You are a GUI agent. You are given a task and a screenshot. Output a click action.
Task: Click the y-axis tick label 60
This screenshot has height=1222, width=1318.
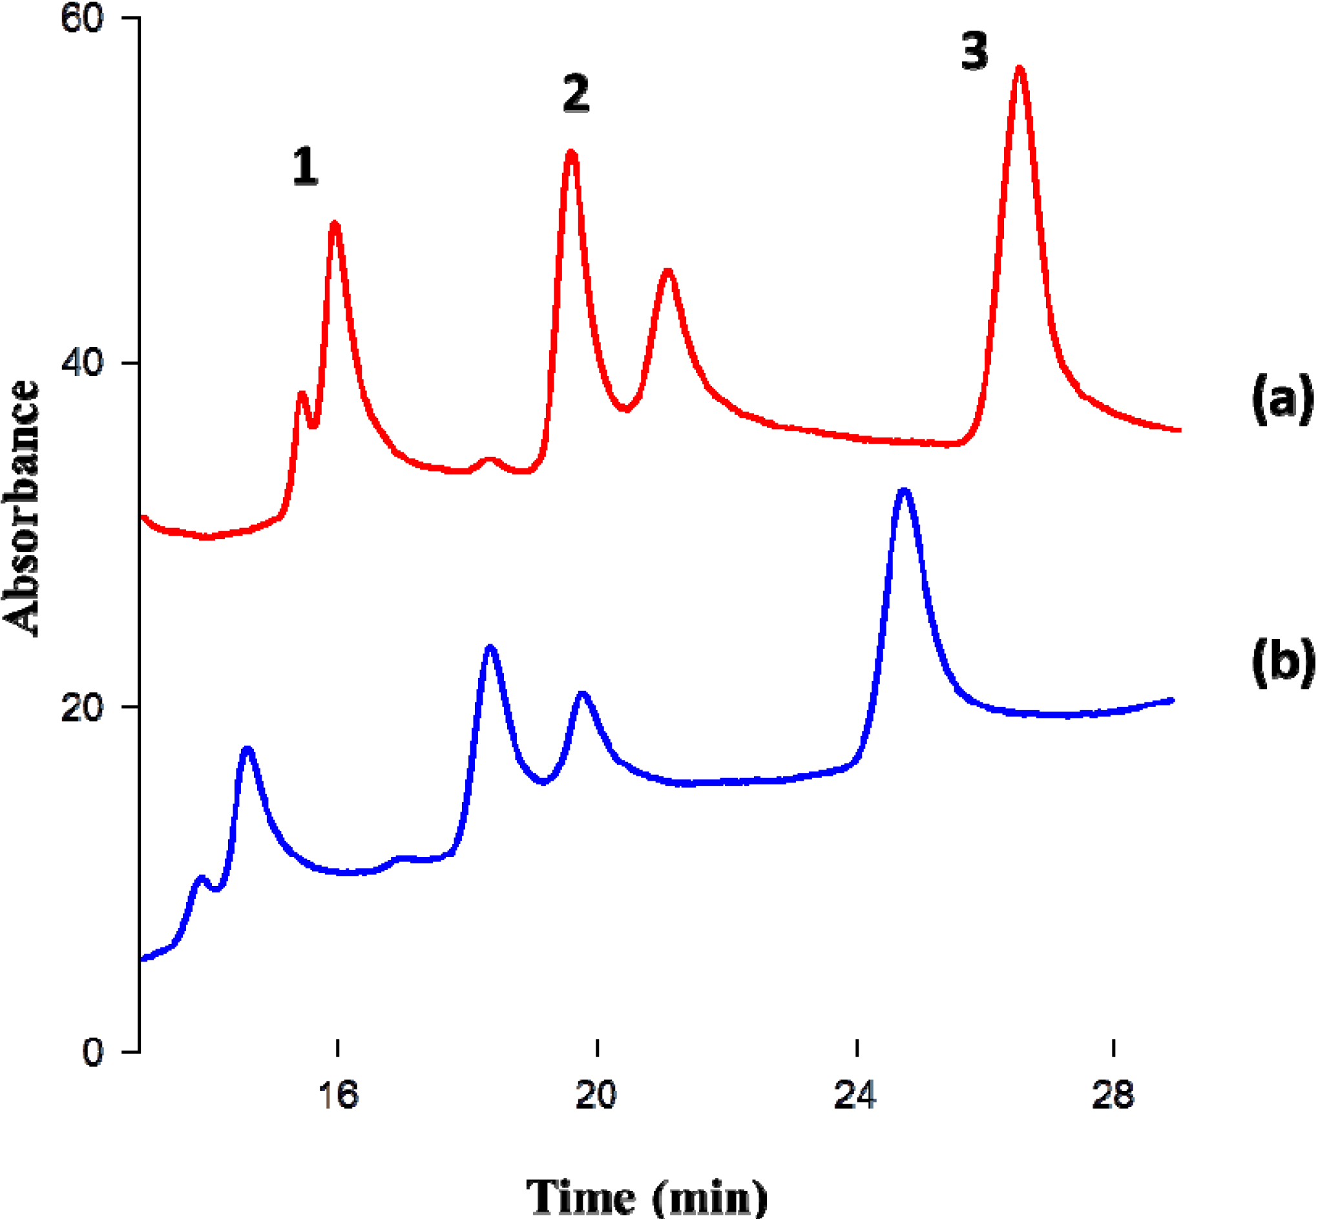click(x=82, y=19)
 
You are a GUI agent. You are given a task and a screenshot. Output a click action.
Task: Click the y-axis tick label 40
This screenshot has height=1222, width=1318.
click(x=82, y=363)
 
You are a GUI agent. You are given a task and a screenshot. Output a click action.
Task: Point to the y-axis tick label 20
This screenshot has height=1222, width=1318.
click(x=82, y=708)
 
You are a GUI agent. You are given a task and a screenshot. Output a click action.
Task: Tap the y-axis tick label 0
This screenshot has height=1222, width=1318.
click(x=92, y=1052)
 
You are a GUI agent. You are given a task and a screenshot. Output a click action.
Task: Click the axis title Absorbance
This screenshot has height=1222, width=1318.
click(x=21, y=509)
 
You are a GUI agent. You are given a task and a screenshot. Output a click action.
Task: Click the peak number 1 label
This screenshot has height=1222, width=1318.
click(x=306, y=167)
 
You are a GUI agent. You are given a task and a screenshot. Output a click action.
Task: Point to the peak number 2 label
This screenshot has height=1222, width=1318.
click(x=576, y=94)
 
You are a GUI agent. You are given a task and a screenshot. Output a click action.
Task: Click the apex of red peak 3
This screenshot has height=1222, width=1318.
click(x=1020, y=68)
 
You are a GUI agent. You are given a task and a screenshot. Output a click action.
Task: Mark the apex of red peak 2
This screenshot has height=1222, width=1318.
click(x=572, y=153)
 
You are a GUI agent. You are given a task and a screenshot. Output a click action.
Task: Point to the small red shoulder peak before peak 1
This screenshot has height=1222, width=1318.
click(x=302, y=395)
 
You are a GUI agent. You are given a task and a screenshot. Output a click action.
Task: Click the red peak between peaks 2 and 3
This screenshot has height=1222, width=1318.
click(x=668, y=271)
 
